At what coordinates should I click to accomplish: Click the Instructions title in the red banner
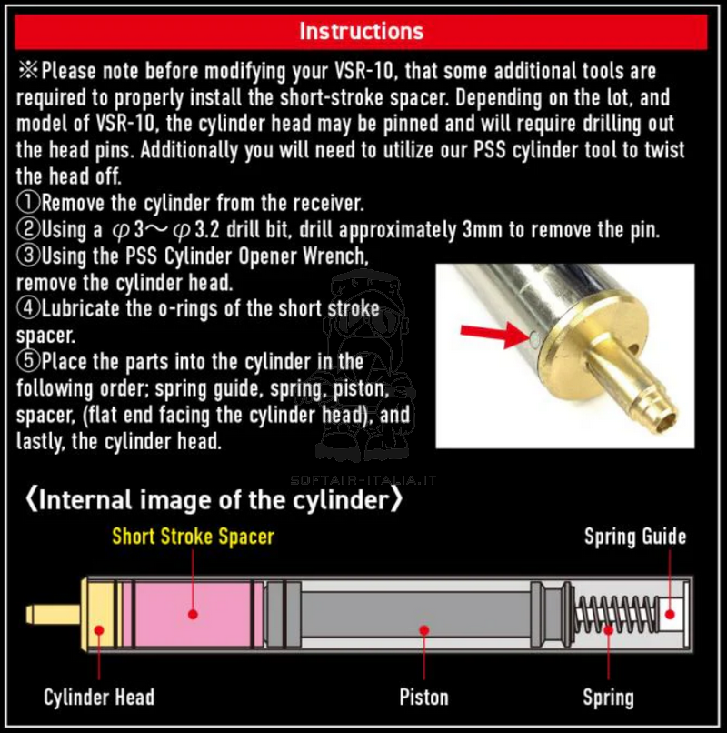coord(361,31)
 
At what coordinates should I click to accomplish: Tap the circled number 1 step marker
coord(29,203)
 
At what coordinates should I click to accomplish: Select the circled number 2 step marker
coord(29,229)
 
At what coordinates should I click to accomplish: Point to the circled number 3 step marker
coord(29,256)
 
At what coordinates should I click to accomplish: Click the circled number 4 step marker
coord(29,308)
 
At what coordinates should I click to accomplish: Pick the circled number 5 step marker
coord(29,361)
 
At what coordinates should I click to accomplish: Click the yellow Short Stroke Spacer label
coord(193,537)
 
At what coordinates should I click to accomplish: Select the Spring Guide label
coord(635,537)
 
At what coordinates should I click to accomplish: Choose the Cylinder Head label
coord(99,697)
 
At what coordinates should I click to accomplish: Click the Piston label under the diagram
coord(423,697)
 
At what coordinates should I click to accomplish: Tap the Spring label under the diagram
coord(608,698)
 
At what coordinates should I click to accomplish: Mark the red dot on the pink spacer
coord(193,614)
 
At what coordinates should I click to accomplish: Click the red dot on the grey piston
coord(423,630)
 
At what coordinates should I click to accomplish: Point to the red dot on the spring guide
coord(670,614)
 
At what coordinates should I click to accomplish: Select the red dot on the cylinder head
coord(99,630)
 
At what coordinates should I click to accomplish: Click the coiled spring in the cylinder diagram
coord(616,614)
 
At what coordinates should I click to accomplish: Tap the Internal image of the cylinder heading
coord(214,499)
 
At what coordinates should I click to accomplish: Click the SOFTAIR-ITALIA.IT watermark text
coord(363,480)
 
